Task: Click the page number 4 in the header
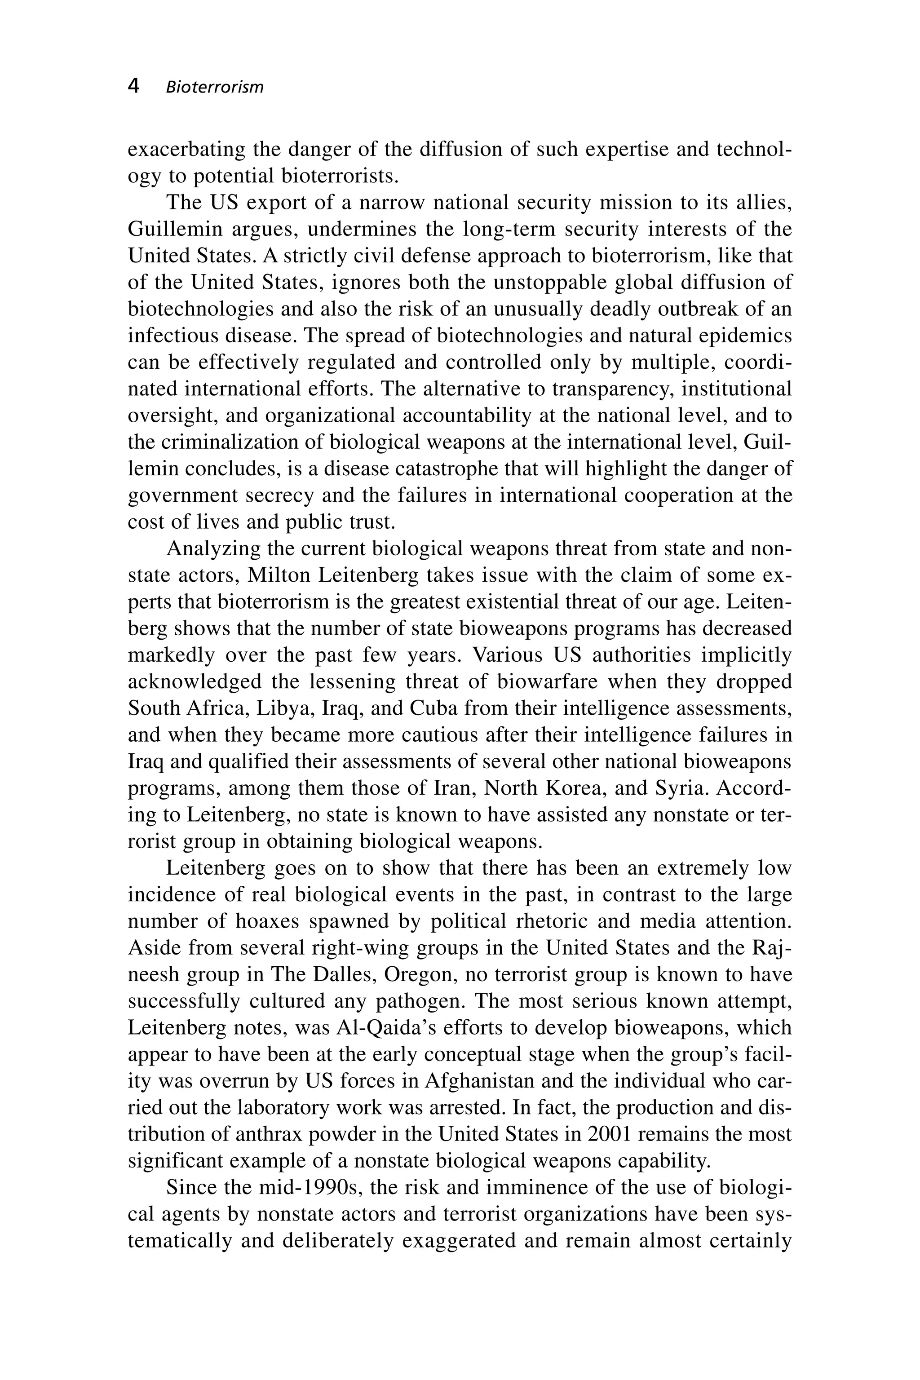(x=134, y=86)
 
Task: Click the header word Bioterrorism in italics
(x=215, y=88)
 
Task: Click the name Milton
(x=279, y=575)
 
